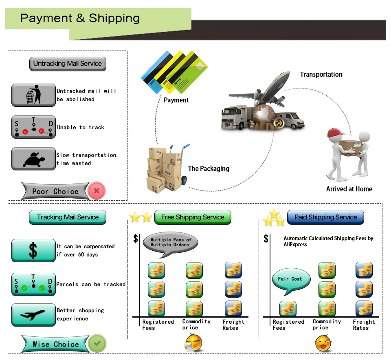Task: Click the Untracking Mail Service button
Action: pyautogui.click(x=68, y=64)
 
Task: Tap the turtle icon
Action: pyautogui.click(x=34, y=159)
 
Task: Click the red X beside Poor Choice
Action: pyautogui.click(x=97, y=191)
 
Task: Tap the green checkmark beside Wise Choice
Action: pyautogui.click(x=97, y=343)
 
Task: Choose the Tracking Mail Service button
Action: pyautogui.click(x=68, y=217)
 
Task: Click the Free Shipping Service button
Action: pyautogui.click(x=193, y=217)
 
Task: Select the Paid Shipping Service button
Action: pyautogui.click(x=325, y=217)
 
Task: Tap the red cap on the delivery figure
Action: pyautogui.click(x=335, y=133)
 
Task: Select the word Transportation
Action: pyautogui.click(x=321, y=74)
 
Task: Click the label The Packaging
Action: pyautogui.click(x=209, y=169)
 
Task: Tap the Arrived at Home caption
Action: pyautogui.click(x=349, y=189)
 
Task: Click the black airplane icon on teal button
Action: pyautogui.click(x=33, y=314)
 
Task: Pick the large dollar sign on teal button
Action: pyautogui.click(x=33, y=250)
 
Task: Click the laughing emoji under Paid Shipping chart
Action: pyautogui.click(x=323, y=343)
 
